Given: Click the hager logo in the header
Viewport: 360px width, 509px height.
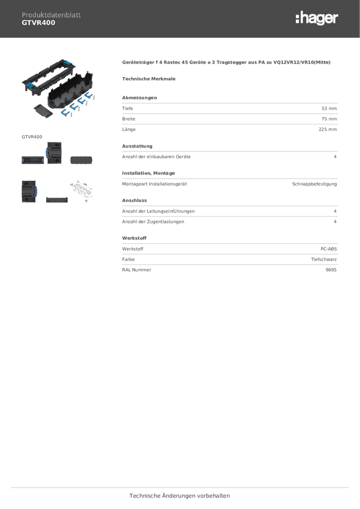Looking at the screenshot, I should point(316,19).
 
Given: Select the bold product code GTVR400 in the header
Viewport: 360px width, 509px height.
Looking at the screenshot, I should point(38,23).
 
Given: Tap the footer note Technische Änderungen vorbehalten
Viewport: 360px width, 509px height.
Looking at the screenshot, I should point(179,496).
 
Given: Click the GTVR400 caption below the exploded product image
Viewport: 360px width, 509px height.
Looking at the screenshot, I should point(32,137).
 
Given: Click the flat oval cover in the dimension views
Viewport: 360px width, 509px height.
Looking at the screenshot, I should point(81,160).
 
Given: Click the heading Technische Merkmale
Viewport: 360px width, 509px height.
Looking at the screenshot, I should point(149,78).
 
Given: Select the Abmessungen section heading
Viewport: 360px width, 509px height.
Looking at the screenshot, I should point(140,98).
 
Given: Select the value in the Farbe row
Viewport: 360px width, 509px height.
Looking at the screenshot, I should point(323,260).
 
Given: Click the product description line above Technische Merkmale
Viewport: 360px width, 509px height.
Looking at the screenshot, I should point(226,62).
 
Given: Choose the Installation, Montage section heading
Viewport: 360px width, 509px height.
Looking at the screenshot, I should point(149,173).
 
